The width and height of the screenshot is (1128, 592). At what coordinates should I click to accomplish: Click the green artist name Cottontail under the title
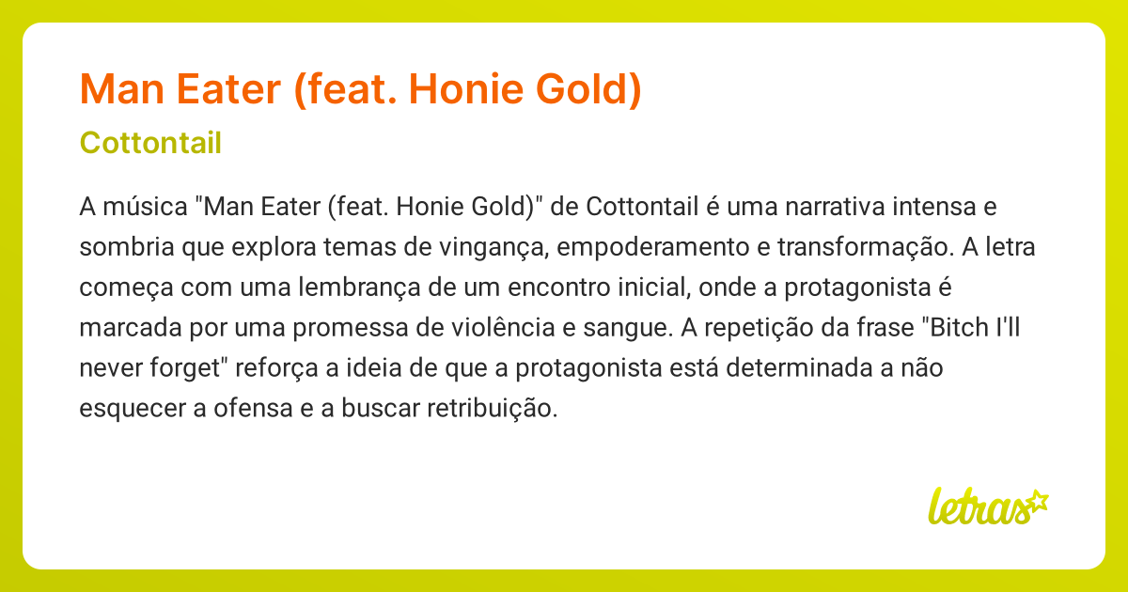click(x=151, y=143)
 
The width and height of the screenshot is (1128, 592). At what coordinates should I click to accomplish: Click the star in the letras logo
click(x=1037, y=500)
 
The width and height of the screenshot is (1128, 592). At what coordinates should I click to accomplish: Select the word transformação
click(x=882, y=246)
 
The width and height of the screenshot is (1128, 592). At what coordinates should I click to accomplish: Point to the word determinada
click(x=798, y=367)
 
